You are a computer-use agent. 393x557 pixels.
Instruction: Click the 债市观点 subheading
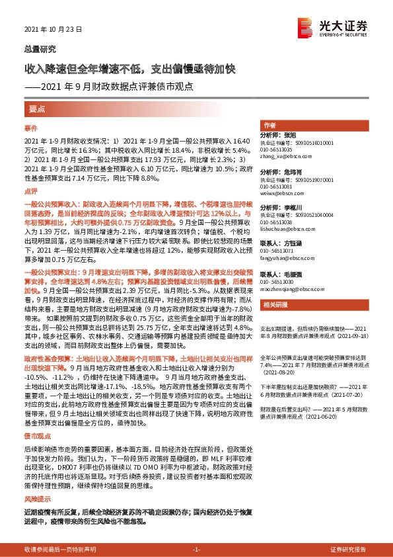click(x=36, y=419)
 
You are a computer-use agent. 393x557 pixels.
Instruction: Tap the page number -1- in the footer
click(x=196, y=550)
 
